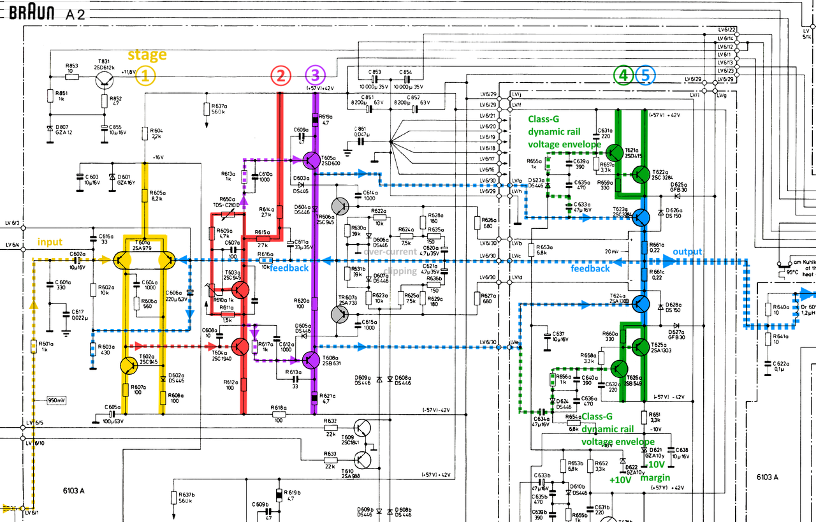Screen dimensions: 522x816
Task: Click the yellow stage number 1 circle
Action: pyautogui.click(x=145, y=76)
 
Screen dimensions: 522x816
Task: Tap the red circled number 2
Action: pyautogui.click(x=280, y=76)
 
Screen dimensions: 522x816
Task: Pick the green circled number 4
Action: pyautogui.click(x=623, y=76)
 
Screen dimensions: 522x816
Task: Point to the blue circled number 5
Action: pyautogui.click(x=645, y=76)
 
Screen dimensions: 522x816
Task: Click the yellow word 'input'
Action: pyautogui.click(x=50, y=242)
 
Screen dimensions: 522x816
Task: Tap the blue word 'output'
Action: pyautogui.click(x=687, y=252)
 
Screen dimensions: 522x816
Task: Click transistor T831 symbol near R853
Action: pyautogui.click(x=103, y=78)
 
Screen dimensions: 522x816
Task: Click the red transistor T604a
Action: pyautogui.click(x=240, y=347)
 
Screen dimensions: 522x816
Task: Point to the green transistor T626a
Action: pyautogui.click(x=618, y=368)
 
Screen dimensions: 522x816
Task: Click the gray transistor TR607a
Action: pyautogui.click(x=340, y=314)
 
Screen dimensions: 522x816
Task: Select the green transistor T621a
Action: pyautogui.click(x=615, y=152)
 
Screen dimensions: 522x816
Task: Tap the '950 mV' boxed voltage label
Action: pyautogui.click(x=56, y=400)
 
